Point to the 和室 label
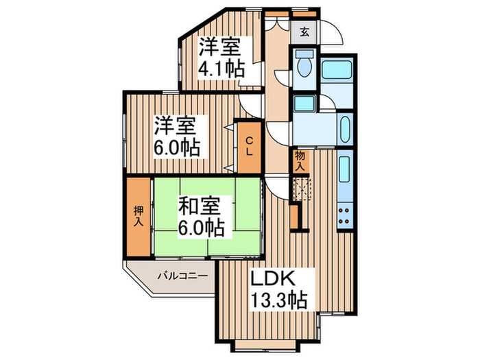coord(201,205)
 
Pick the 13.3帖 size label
coord(278,300)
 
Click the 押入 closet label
coord(138,215)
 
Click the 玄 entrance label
coord(304,31)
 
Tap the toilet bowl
coord(303,66)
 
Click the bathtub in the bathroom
coord(337,70)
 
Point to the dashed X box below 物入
coord(302,187)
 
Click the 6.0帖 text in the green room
coord(201,227)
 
